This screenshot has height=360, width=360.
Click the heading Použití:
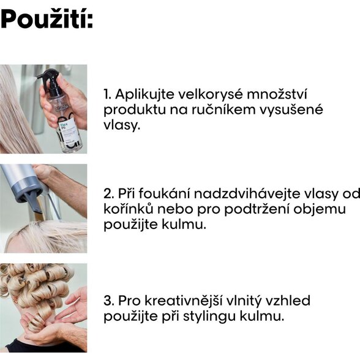pyautogui.click(x=47, y=18)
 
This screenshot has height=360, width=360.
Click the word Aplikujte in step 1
pyautogui.click(x=144, y=94)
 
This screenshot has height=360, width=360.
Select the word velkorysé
pyautogui.click(x=211, y=94)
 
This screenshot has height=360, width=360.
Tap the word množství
pyautogui.click(x=277, y=94)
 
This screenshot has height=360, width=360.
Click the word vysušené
pyautogui.click(x=291, y=110)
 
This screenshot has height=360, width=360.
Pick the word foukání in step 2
pyautogui.click(x=164, y=193)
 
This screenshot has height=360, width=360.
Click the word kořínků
pyautogui.click(x=128, y=209)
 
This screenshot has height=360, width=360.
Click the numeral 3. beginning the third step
pyautogui.click(x=108, y=301)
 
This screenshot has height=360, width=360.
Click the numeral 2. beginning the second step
pyautogui.click(x=108, y=193)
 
